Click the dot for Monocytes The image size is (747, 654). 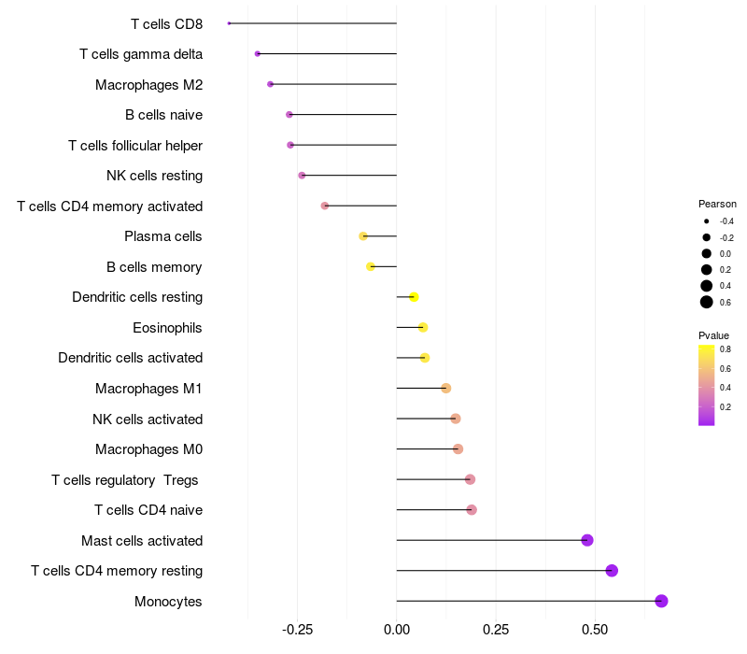click(x=661, y=601)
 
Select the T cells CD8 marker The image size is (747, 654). click(x=229, y=23)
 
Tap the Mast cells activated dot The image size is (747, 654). click(x=587, y=540)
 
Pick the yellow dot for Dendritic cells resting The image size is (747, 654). click(x=414, y=297)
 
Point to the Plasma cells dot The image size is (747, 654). click(x=363, y=236)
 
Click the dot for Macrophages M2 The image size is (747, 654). click(x=271, y=84)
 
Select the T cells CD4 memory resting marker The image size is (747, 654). click(x=612, y=571)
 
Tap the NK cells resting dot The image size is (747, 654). click(x=302, y=176)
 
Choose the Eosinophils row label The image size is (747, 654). click(x=168, y=328)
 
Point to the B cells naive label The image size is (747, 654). click(x=163, y=115)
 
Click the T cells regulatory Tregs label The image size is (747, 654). click(x=126, y=480)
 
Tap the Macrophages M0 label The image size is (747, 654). click(x=148, y=449)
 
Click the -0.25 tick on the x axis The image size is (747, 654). click(x=297, y=629)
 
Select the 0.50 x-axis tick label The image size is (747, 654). click(x=595, y=629)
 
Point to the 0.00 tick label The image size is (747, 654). click(x=397, y=629)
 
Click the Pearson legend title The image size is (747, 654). click(x=717, y=204)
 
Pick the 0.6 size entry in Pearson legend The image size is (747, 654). click(x=707, y=302)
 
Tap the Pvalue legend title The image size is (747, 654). click(x=713, y=335)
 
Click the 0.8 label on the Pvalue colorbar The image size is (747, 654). click(x=726, y=349)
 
